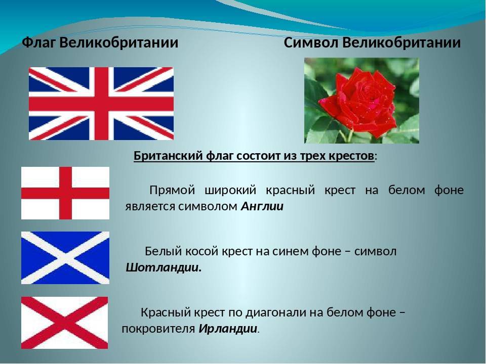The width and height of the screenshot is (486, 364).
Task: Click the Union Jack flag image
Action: tap(101, 104)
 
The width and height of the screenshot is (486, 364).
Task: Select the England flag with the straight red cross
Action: tap(65, 193)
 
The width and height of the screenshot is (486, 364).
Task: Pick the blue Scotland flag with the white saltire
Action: tap(65, 258)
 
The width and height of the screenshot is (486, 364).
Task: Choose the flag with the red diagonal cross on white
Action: tap(64, 323)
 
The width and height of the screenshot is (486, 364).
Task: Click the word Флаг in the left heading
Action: tap(39, 43)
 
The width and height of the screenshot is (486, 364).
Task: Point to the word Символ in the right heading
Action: tap(310, 42)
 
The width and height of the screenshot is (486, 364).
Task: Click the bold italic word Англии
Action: tap(262, 206)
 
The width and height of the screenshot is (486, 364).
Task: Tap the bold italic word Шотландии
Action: tap(164, 267)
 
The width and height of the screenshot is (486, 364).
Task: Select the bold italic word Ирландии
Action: tap(228, 329)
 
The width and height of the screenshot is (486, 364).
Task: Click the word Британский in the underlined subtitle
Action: tap(168, 156)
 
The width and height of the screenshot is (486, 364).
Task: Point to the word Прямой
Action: tap(172, 190)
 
